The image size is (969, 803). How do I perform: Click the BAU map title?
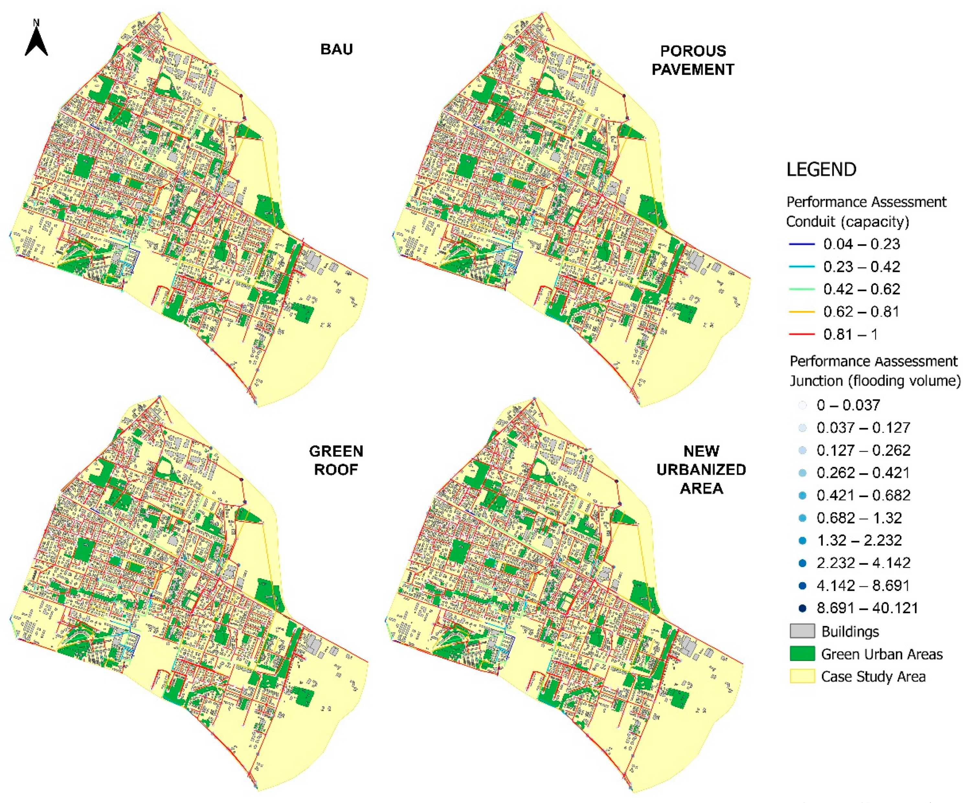coord(336,49)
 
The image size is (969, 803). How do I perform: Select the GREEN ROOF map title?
coord(336,460)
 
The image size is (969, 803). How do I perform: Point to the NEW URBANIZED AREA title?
coord(701,470)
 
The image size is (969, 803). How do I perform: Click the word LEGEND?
coord(821,170)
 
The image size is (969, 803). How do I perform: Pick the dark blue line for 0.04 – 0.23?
coord(802,244)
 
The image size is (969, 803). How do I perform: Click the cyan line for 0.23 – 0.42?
coord(802,267)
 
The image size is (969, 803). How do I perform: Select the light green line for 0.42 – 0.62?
coord(802,289)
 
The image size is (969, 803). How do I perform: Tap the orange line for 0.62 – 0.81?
coord(802,312)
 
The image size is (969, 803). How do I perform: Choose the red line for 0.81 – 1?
coord(802,334)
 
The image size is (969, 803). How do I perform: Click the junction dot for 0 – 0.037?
coord(802,406)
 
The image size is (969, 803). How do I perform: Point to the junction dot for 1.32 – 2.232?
coord(802,541)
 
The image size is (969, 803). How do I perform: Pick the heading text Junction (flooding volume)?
coord(875,381)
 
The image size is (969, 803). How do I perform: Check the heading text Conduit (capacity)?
coord(847,222)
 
